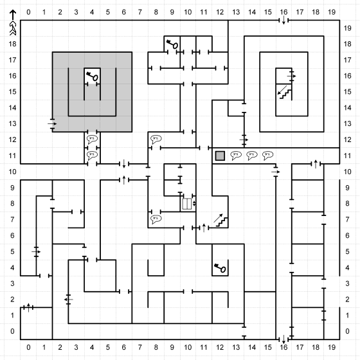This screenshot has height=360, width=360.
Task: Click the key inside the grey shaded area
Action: click(93, 76)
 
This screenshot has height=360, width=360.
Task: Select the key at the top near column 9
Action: click(172, 44)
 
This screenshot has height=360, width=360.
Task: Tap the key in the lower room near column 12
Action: click(220, 268)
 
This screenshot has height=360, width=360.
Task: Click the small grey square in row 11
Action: click(220, 156)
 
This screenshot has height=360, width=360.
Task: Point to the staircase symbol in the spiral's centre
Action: click(285, 93)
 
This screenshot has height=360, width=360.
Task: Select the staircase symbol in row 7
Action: click(221, 221)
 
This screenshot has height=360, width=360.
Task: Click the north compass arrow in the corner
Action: click(13, 22)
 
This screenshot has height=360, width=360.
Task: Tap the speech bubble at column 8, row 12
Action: click(156, 139)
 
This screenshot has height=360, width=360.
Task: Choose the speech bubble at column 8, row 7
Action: click(156, 219)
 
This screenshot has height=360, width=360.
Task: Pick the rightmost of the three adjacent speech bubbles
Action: click(267, 155)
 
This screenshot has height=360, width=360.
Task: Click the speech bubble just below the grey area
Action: click(93, 139)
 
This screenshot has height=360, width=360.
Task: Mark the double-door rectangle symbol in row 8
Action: click(187, 204)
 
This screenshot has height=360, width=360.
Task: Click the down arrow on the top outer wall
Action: click(283, 20)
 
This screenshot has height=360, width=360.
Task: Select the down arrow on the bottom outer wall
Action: click(283, 339)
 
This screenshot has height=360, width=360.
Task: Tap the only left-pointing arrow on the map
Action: click(68, 300)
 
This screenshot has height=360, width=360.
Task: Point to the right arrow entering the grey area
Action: click(52, 123)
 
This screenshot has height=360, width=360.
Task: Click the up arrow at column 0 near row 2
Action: click(28, 308)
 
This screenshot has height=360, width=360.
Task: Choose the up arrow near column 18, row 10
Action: click(316, 164)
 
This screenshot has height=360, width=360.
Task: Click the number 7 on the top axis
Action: click(140, 12)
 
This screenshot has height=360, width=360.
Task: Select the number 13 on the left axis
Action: click(13, 123)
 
